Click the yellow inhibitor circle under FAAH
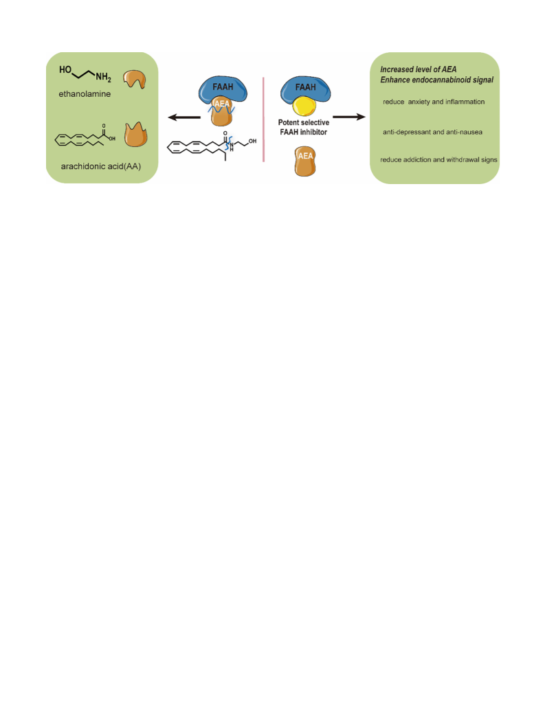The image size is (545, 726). [x=304, y=106]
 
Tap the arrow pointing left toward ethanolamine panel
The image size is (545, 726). [x=184, y=117]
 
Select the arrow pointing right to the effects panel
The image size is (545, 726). [x=349, y=117]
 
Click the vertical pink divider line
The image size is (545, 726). [x=263, y=120]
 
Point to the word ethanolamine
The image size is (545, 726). [x=85, y=94]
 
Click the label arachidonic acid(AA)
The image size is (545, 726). [x=101, y=166]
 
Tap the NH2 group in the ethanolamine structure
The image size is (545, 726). [x=103, y=78]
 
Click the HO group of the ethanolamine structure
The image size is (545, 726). [x=65, y=69]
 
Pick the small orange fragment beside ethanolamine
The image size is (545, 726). [x=135, y=79]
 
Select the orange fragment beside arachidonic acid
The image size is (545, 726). [x=135, y=135]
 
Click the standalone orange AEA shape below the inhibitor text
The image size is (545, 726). [x=305, y=161]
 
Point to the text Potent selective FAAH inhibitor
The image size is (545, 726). [x=304, y=127]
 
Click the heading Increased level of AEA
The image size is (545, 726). [x=419, y=69]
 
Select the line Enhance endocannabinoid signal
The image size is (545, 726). [x=437, y=80]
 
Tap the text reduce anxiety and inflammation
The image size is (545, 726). [x=434, y=102]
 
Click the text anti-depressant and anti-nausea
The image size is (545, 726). [x=432, y=132]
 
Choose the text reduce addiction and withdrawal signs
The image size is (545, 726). [x=439, y=160]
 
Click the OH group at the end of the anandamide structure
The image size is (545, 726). [x=253, y=141]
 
